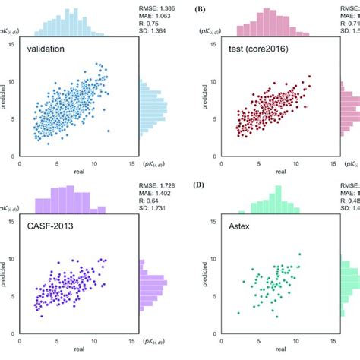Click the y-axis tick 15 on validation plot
coord(11,44)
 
